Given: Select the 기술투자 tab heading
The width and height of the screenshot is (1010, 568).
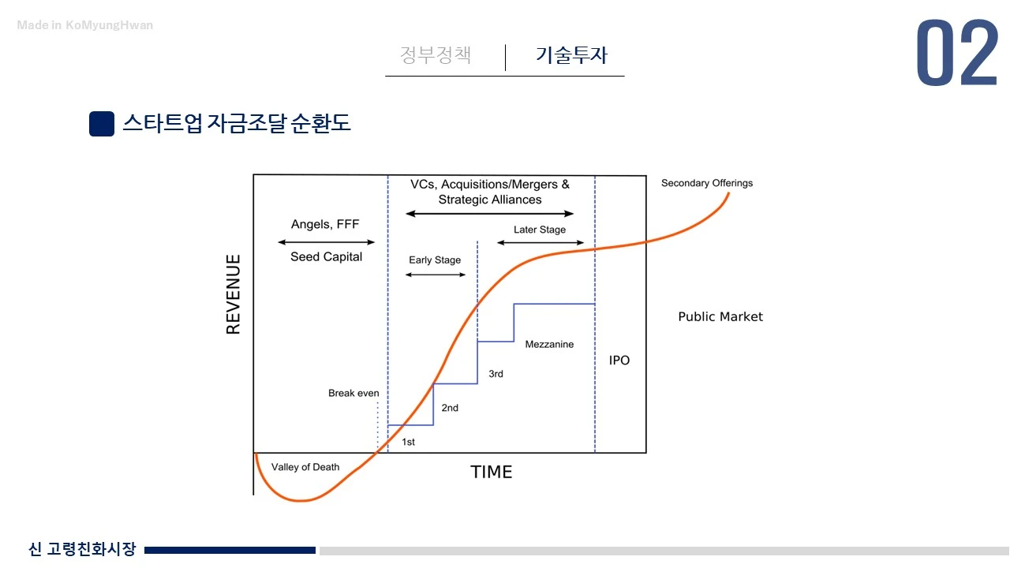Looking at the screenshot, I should click(x=571, y=55).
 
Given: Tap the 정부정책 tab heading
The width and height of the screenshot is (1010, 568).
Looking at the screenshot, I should click(x=436, y=55).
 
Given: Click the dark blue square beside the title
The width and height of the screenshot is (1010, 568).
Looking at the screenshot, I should click(x=102, y=124).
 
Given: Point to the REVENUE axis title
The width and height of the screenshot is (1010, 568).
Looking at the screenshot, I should click(x=234, y=294).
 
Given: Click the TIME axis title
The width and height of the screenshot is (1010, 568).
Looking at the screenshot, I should click(x=491, y=472).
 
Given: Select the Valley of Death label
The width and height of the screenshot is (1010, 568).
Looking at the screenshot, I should click(x=305, y=467).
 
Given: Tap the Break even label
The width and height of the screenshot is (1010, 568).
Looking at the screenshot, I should click(x=353, y=393).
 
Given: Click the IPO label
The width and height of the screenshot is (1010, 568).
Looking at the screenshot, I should click(x=619, y=361).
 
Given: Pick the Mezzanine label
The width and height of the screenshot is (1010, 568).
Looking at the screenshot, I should click(x=549, y=345).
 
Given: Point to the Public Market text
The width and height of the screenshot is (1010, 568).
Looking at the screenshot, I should click(x=720, y=317).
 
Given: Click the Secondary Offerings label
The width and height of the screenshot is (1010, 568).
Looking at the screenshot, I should click(x=707, y=183).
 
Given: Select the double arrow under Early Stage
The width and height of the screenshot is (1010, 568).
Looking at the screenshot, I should click(x=435, y=275).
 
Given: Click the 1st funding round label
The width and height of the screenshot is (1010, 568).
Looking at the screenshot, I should click(x=408, y=442).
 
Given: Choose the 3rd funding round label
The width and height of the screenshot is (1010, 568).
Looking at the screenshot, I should click(x=496, y=374).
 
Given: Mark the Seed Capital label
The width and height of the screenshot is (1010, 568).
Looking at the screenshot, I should click(x=326, y=257).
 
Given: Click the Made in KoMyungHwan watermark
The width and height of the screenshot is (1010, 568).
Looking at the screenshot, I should click(x=85, y=25).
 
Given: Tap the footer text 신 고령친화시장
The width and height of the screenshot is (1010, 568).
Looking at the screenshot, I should click(x=82, y=549).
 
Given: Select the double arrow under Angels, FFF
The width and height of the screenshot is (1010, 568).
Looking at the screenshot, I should click(x=326, y=242).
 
